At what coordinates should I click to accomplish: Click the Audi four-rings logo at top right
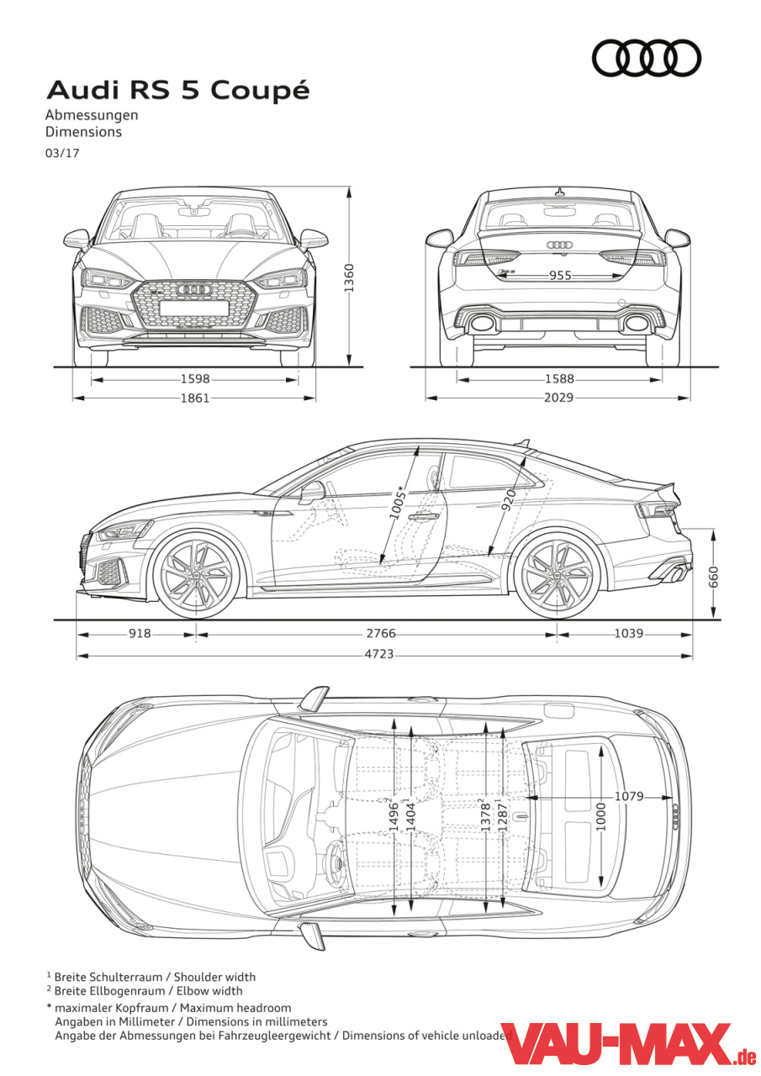[646, 58]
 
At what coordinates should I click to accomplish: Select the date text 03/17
[62, 154]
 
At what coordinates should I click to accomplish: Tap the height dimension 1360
[349, 277]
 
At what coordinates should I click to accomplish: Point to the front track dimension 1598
[195, 379]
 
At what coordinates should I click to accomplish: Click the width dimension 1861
[195, 398]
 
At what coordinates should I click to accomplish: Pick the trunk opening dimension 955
[560, 275]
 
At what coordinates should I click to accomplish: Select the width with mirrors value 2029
[558, 398]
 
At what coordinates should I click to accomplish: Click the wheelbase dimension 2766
[381, 634]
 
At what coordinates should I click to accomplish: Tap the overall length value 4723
[379, 654]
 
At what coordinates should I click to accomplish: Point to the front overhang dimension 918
[140, 634]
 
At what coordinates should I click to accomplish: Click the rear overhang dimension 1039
[628, 634]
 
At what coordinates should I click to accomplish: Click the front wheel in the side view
[196, 575]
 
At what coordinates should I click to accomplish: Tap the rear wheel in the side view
[557, 575]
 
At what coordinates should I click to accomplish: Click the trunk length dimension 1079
[629, 796]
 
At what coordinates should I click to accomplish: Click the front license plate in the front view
[194, 308]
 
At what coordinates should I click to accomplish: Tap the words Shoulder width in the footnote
[214, 977]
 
